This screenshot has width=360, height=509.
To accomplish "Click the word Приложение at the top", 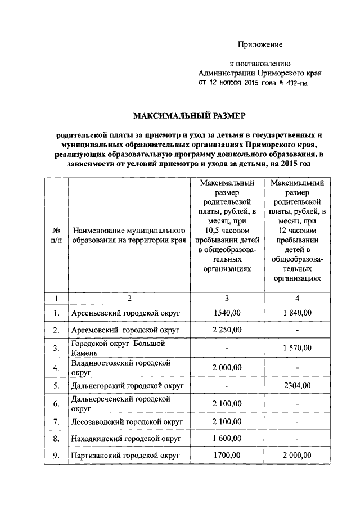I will point(260,44).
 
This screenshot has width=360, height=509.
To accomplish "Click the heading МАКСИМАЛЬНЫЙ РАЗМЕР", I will point(190,116).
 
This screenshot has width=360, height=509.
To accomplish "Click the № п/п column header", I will point(56,235).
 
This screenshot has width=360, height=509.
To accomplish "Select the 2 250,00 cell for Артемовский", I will point(227,330).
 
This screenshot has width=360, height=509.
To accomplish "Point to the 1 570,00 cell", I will point(297,348).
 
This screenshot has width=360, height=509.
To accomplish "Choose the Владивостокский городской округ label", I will point(120,368).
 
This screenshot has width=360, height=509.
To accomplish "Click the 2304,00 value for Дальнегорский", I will point(297,386).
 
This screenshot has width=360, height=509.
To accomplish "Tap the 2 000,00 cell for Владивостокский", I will point(227,367).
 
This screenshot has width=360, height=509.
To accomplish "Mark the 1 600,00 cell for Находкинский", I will point(227,438).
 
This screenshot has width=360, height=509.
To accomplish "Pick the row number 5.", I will point(56,386).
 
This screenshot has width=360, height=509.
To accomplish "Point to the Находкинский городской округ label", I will point(125,439).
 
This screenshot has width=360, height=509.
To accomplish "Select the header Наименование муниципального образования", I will point(128,235).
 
